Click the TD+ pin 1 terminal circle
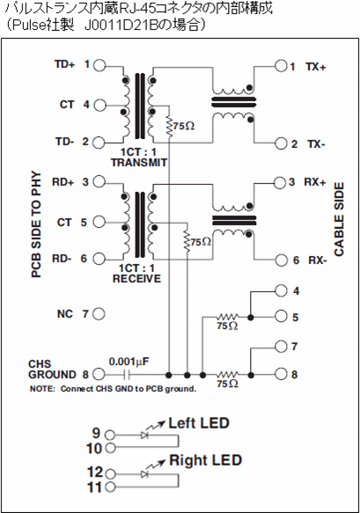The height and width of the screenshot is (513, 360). point(99,65)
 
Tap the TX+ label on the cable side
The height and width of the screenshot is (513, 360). point(316,67)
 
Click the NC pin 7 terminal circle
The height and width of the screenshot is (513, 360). point(99,314)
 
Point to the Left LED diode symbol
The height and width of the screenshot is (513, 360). point(144,436)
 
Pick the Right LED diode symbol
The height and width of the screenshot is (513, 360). point(144,473)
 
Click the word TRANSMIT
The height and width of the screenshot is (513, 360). point(139,163)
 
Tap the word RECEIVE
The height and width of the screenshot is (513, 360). point(137,279)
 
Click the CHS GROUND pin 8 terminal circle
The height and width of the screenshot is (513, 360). point(99,374)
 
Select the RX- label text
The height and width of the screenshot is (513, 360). point(318,260)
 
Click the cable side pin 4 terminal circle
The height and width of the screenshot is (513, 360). point(281,290)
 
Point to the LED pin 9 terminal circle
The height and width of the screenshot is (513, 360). point(110,436)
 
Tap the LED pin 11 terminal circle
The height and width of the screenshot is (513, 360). point(111,487)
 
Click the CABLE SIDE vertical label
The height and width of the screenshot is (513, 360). point(340,219)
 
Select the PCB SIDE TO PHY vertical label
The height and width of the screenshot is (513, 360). point(36,224)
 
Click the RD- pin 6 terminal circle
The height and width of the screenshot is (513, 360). point(99,259)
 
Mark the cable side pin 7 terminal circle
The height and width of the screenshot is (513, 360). point(281,347)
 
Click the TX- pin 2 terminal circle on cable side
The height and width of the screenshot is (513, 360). point(281,143)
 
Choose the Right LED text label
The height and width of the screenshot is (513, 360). point(206,460)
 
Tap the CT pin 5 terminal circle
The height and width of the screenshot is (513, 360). point(99,222)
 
